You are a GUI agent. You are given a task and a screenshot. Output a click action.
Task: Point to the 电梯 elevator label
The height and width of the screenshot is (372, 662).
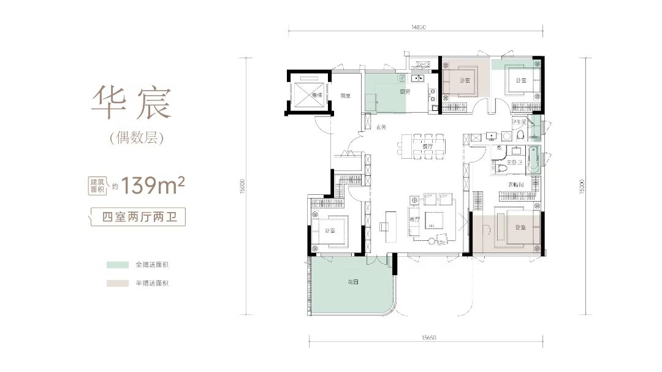(316, 96)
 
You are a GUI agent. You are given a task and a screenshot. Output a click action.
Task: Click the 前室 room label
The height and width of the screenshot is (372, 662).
(345, 96)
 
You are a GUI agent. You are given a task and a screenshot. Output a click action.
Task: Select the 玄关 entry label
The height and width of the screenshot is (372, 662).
(381, 127)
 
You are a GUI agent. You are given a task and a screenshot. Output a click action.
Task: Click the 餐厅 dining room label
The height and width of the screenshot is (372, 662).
(419, 146)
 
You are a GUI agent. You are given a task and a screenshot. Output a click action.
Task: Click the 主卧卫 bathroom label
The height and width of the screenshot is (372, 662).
(514, 162)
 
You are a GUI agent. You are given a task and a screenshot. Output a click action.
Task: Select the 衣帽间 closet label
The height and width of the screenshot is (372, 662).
(516, 185)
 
